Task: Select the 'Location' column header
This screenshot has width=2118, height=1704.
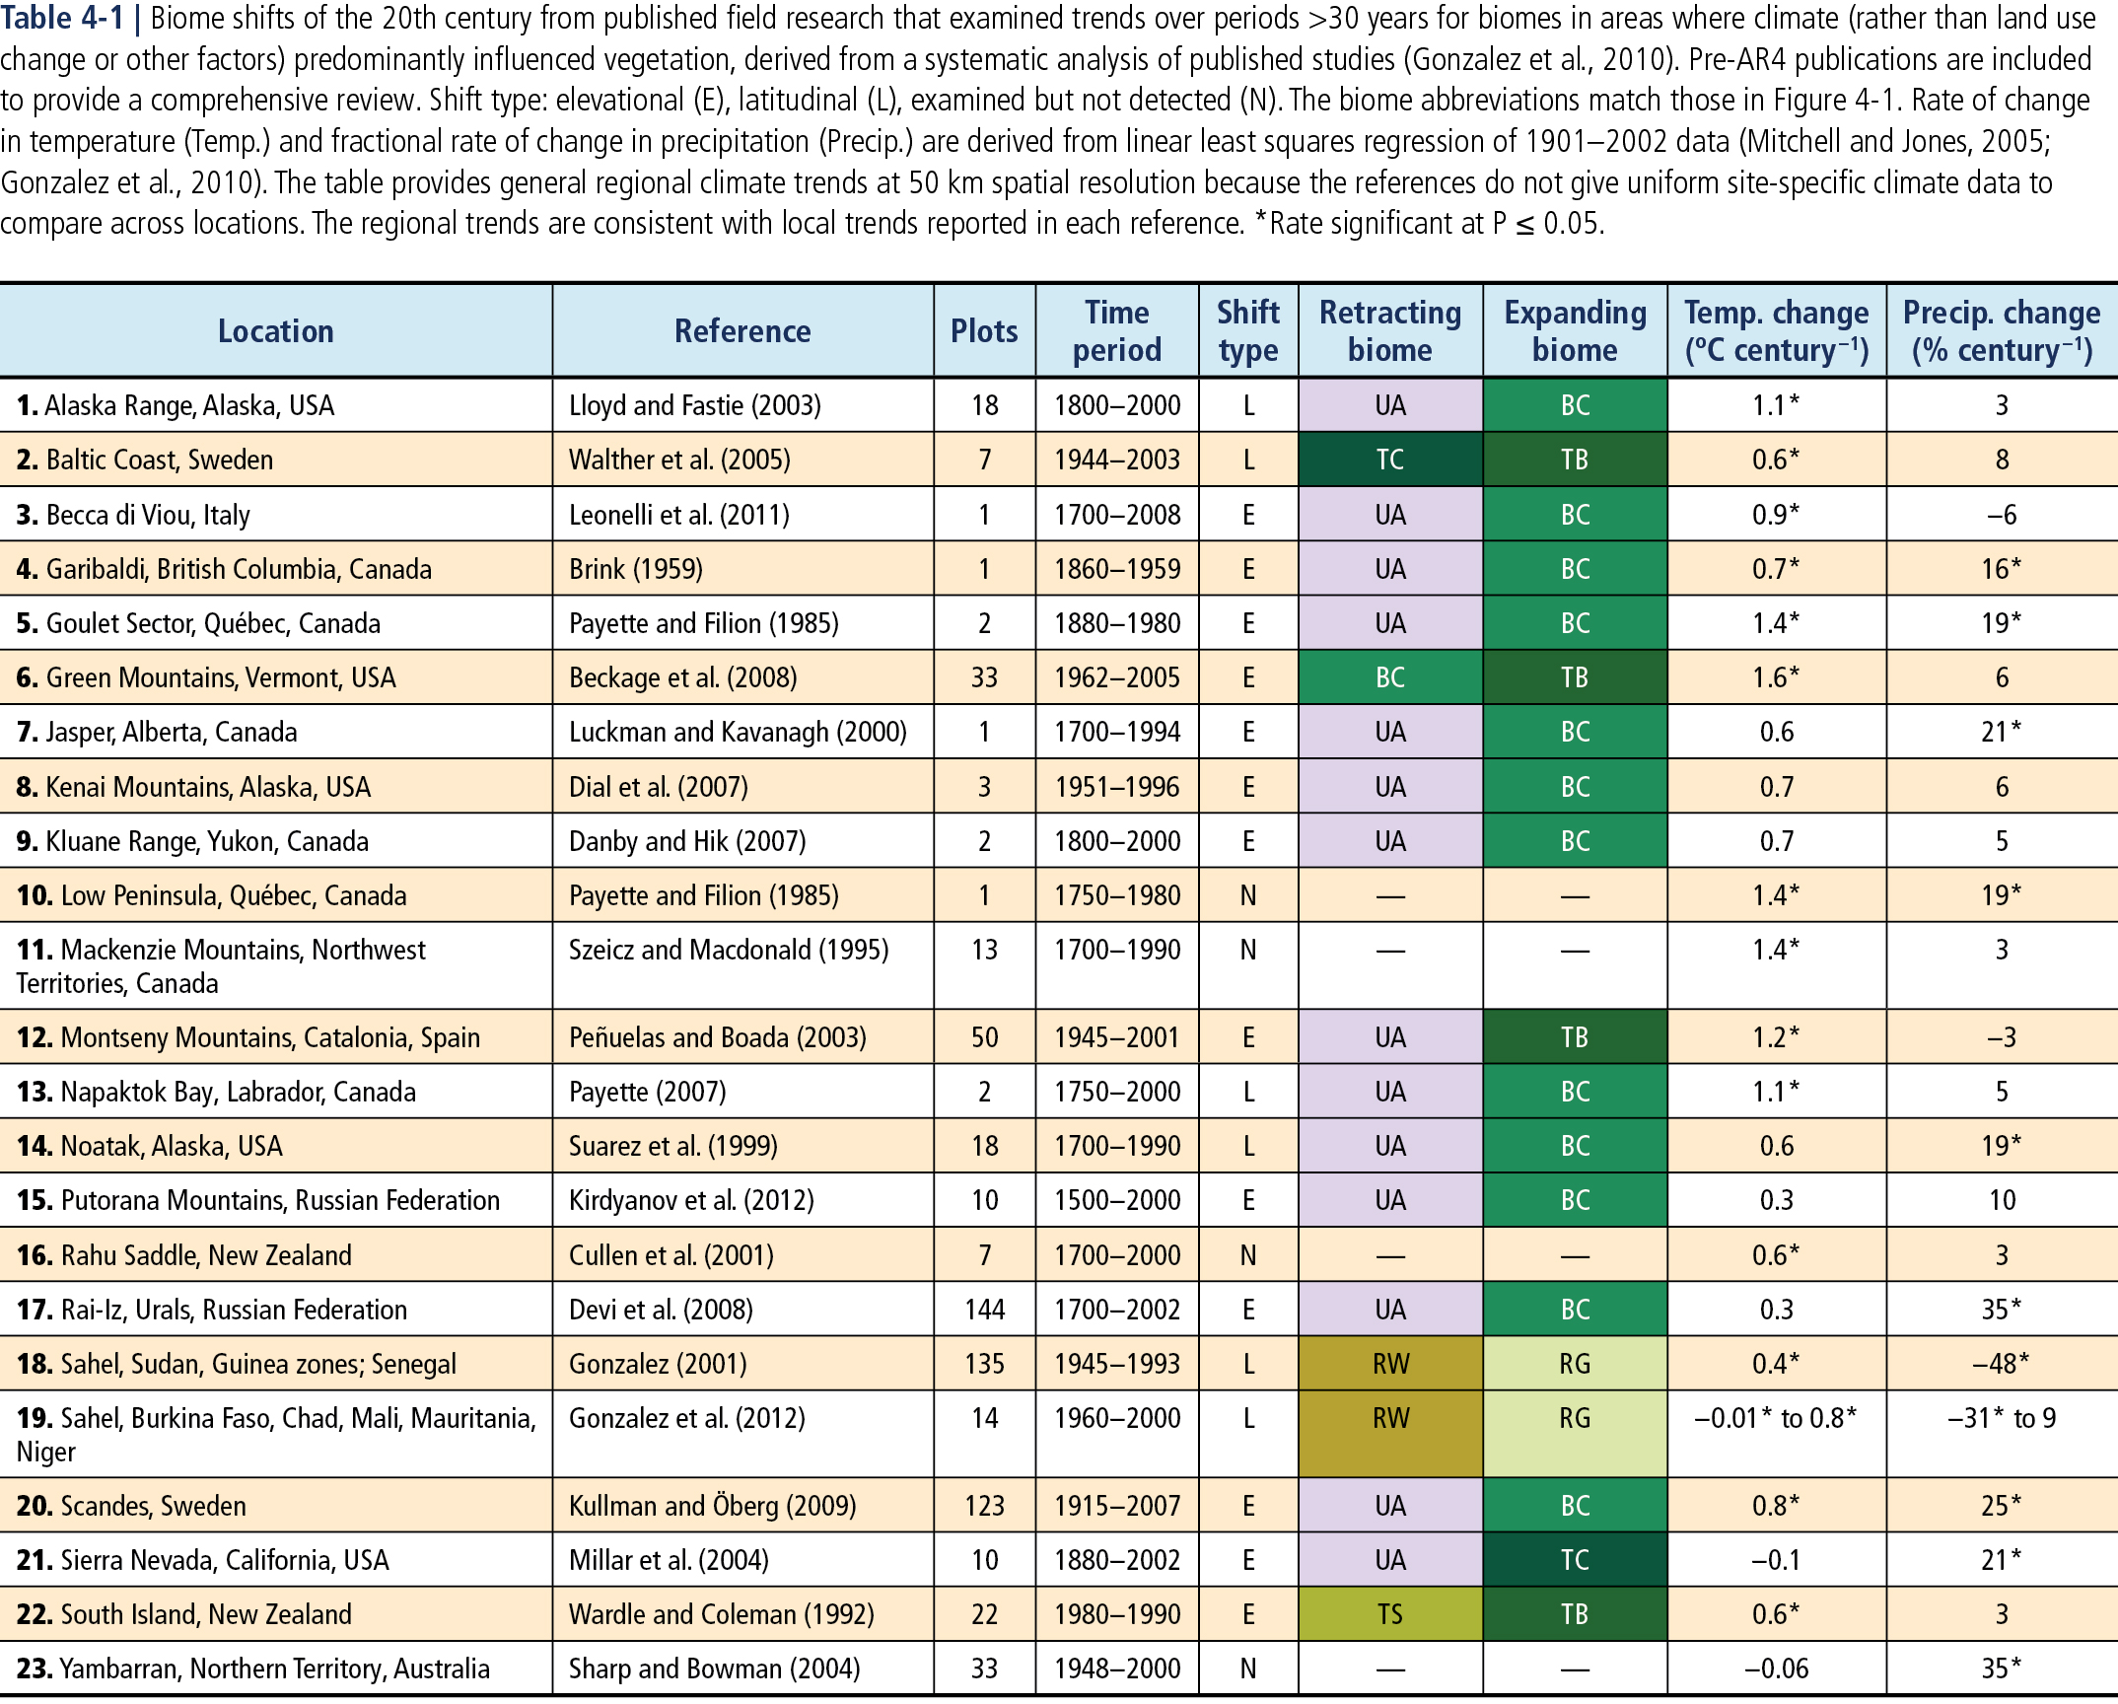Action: click(275, 331)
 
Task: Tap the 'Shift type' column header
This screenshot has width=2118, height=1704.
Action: click(1247, 331)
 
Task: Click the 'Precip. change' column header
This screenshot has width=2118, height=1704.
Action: click(2001, 331)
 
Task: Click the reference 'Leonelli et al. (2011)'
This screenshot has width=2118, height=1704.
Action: click(678, 515)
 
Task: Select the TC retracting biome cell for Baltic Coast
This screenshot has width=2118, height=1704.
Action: click(1389, 460)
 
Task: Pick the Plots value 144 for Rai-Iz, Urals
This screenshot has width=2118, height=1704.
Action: click(984, 1310)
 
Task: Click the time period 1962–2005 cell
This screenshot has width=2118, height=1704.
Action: click(1116, 677)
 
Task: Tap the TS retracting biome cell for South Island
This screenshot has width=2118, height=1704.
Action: click(1389, 1614)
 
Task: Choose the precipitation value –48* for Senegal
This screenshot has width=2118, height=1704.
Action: click(2001, 1364)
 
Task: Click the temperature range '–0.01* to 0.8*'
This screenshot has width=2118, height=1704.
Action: click(1775, 1418)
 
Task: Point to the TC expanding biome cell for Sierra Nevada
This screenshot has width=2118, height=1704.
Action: click(1575, 1560)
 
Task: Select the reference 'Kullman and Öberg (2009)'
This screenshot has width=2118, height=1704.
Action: click(712, 1506)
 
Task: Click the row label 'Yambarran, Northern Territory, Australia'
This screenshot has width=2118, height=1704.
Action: click(253, 1668)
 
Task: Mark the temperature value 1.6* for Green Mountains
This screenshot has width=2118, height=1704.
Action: click(1775, 677)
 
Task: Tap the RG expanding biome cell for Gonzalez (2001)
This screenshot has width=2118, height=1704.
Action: click(1575, 1364)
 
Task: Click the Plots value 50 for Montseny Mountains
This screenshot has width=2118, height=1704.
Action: click(984, 1037)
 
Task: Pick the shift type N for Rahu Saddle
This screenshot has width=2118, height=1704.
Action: click(1247, 1255)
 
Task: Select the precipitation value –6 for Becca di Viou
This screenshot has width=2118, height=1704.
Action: click(2001, 515)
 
